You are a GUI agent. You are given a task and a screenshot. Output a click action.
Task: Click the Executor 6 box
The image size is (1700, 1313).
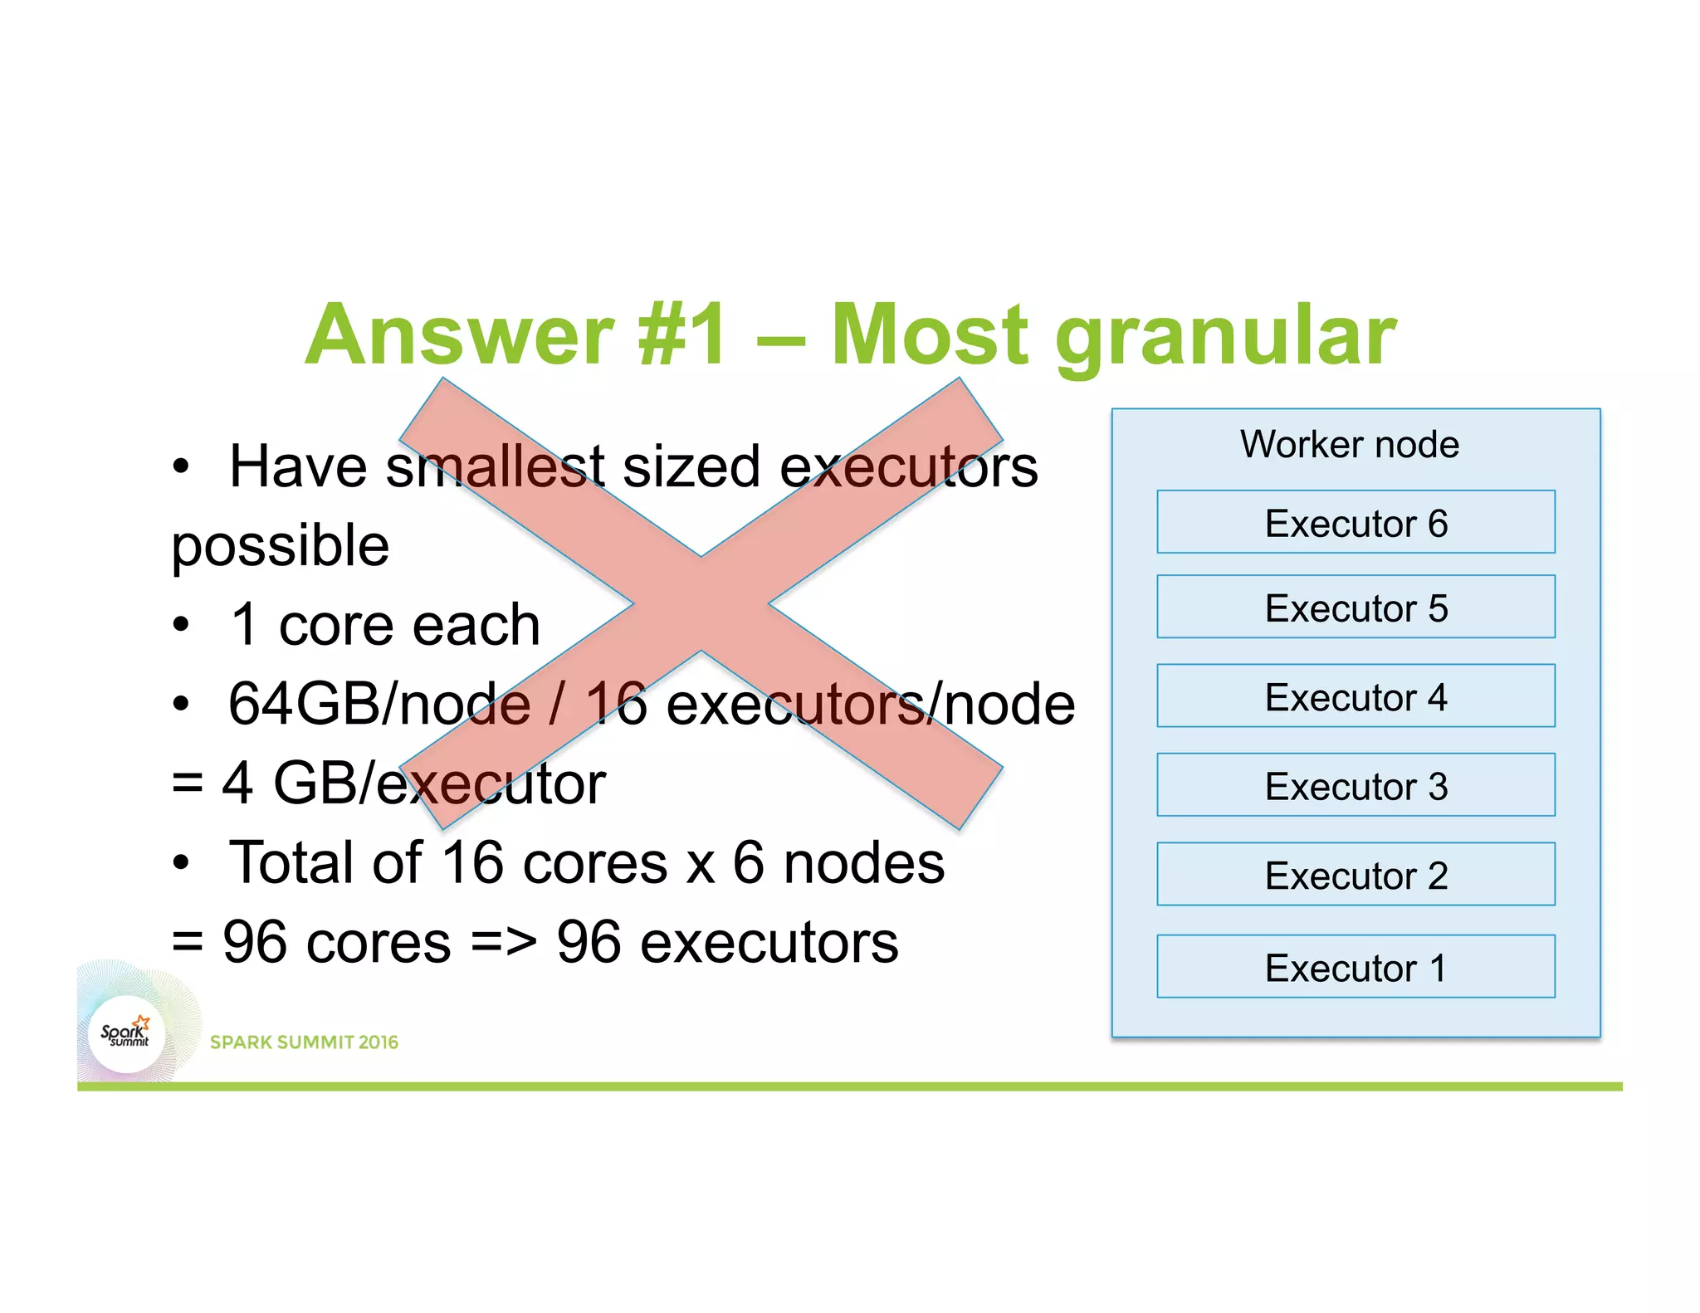(x=1356, y=522)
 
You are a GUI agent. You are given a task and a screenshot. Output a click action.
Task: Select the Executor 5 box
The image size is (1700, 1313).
(x=1356, y=607)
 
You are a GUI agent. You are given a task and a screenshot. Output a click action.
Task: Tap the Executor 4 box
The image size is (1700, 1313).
(x=1356, y=696)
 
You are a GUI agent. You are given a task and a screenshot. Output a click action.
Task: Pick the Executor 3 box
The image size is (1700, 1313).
(x=1356, y=785)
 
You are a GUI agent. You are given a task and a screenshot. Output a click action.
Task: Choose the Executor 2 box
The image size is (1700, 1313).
(x=1356, y=874)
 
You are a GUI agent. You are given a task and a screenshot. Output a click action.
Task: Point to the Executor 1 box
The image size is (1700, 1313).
(x=1356, y=967)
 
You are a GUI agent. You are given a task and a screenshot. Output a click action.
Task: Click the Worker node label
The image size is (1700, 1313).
(x=1350, y=444)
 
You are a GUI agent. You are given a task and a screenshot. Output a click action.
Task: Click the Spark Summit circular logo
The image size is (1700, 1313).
(x=126, y=1034)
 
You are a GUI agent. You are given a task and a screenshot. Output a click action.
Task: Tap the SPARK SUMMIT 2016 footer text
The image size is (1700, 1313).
(x=304, y=1042)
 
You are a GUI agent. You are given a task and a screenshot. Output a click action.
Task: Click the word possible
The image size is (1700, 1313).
(x=281, y=547)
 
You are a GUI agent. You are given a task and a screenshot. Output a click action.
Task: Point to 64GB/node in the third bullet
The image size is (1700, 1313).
(x=379, y=704)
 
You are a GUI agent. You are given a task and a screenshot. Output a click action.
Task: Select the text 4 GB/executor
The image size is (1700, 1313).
(x=413, y=783)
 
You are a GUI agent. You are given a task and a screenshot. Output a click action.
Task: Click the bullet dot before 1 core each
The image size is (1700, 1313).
(x=181, y=625)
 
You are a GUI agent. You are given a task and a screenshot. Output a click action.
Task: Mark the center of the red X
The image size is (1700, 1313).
(x=701, y=603)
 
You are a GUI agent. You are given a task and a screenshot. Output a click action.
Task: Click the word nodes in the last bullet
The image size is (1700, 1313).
(x=864, y=863)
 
